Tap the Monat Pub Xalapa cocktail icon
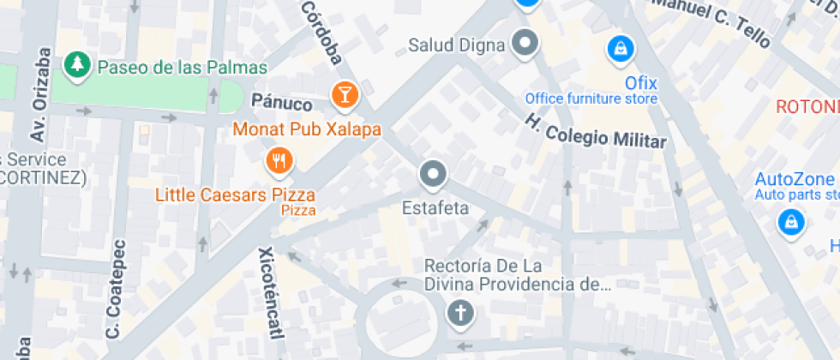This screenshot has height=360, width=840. point(345,94)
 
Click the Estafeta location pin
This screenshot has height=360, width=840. point(433,175)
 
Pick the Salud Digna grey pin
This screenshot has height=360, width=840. point(525,42)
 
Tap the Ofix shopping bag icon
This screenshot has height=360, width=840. point(617,48)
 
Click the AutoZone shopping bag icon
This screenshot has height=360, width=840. point(789,222)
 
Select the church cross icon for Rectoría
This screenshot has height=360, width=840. point(460,314)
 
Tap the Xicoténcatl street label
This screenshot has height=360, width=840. point(268,291)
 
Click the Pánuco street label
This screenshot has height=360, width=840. point(281,103)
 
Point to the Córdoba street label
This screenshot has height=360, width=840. point(322,32)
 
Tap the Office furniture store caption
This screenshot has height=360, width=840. point(591,99)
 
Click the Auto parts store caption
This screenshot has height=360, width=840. point(796,195)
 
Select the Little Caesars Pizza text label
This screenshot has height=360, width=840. point(234,195)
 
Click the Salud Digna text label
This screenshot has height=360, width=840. point(456,45)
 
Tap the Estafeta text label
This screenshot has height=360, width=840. point(435,208)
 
